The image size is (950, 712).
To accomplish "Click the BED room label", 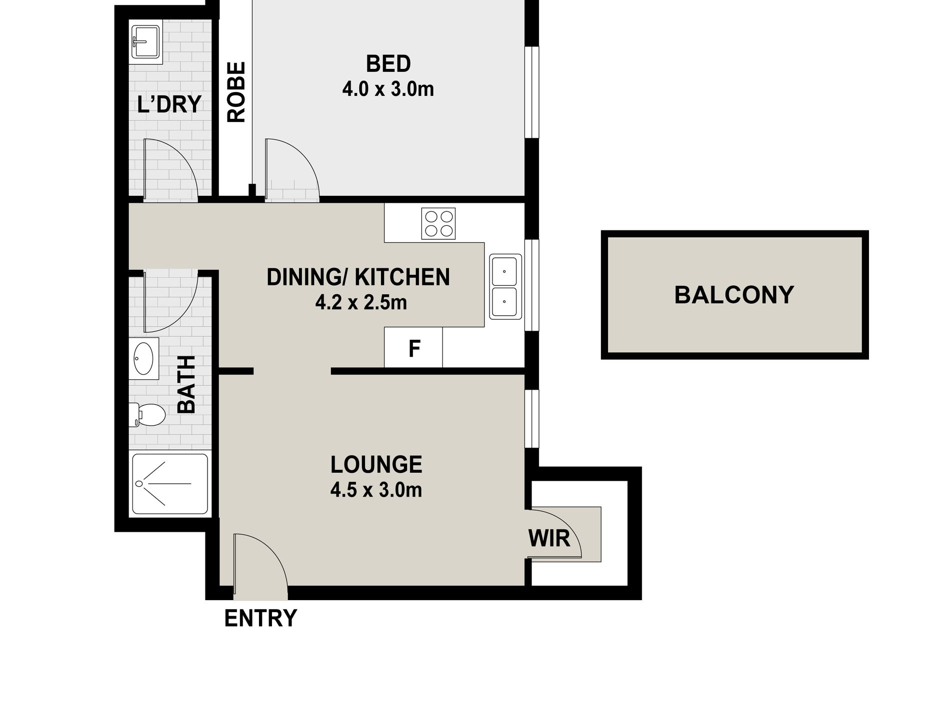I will point(388,64).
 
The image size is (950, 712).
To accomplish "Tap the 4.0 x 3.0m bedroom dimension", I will point(388,89).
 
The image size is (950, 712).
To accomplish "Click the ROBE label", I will point(236,92).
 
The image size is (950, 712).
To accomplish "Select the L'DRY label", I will point(169,104).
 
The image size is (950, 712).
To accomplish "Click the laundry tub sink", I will point(145,43).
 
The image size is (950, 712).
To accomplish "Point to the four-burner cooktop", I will point(438,223).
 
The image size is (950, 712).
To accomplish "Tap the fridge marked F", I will point(413,348).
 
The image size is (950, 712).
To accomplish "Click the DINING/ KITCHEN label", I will point(358,277).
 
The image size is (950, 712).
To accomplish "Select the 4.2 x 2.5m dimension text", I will point(361,302).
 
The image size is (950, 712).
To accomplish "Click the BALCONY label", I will point(733,295).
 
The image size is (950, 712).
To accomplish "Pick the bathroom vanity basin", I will point(144,358).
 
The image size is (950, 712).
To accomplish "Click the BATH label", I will point(186,384).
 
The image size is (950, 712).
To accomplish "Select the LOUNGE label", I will point(376,465).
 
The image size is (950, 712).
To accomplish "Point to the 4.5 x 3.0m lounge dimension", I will point(376,490).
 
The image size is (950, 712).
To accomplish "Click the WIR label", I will point(549,539).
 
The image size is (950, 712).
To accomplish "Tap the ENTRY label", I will point(260,618).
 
